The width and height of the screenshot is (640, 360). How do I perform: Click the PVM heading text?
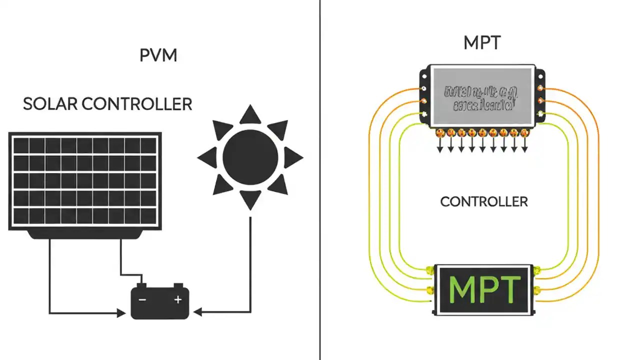pos(158,55)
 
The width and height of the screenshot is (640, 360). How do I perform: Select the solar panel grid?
pos(85,181)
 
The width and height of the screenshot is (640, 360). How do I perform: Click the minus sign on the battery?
pos(142,299)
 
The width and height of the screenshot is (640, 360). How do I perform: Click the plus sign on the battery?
pos(177,299)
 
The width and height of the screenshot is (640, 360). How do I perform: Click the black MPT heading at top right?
pos(481,43)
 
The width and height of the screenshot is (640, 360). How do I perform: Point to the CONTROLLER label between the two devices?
pos(483,201)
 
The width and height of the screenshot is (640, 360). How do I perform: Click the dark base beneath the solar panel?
pos(85,234)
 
